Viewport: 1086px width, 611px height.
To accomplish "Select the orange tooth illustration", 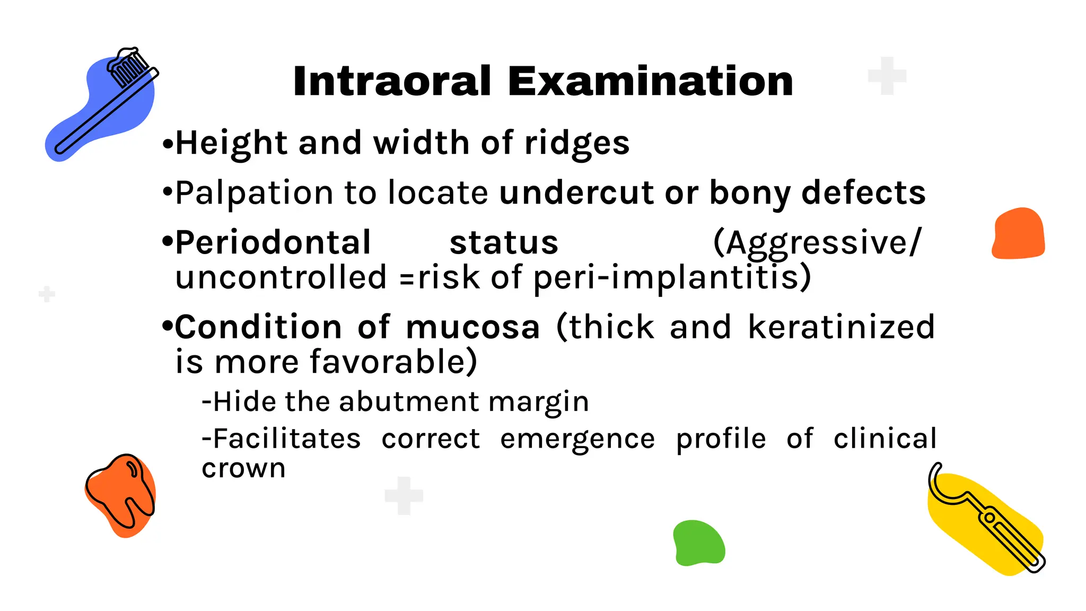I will pos(121,494).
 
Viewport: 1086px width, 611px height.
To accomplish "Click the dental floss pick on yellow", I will pos(986,520).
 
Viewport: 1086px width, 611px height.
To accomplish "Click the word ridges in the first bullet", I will pos(576,143).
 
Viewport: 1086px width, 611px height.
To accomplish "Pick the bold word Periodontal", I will pos(273,243).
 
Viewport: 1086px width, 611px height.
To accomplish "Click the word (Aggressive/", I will pos(818,243).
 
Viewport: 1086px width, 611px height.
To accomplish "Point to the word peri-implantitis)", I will pos(672,278).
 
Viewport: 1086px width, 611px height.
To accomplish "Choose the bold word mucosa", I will pos(472,327).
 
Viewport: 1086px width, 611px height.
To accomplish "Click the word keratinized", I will pos(842,327).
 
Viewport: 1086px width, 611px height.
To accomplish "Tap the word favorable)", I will pos(393,362).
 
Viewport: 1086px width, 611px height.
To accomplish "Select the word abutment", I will pos(410,401).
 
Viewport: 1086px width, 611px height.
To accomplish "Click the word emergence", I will pos(577,439).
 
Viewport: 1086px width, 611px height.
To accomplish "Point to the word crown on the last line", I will pos(243,468).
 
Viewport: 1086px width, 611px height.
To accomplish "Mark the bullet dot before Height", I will pos(168,144).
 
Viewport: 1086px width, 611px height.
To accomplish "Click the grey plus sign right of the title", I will pos(887,76).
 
